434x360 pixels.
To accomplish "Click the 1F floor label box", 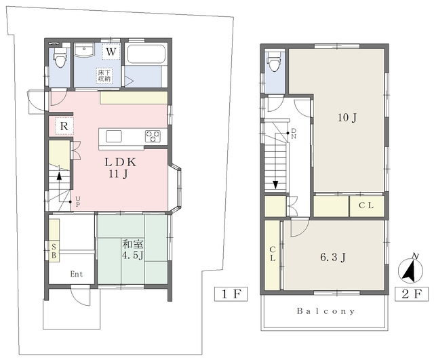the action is [x=231, y=294].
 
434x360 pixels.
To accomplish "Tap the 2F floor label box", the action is [x=412, y=294].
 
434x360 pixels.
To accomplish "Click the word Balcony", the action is [x=325, y=311].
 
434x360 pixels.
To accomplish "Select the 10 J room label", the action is [x=347, y=117].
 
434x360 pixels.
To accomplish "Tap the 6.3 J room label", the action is [x=333, y=258].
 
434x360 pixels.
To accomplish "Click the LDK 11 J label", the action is [x=119, y=168].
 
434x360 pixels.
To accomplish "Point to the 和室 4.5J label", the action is [x=133, y=250].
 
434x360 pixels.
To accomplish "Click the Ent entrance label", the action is [x=77, y=274].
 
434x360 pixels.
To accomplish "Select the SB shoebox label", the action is [x=54, y=251].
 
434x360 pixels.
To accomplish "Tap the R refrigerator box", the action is [x=64, y=126].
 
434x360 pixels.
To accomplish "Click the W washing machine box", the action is [x=111, y=52].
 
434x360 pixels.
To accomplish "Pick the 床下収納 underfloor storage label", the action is [x=104, y=75].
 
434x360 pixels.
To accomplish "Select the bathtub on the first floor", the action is [x=146, y=54].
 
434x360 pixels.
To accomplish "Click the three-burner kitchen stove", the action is [x=153, y=136].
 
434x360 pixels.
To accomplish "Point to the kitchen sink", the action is [x=114, y=136].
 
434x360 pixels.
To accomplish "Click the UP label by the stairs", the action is [x=78, y=202].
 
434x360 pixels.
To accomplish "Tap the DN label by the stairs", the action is [x=294, y=134].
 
